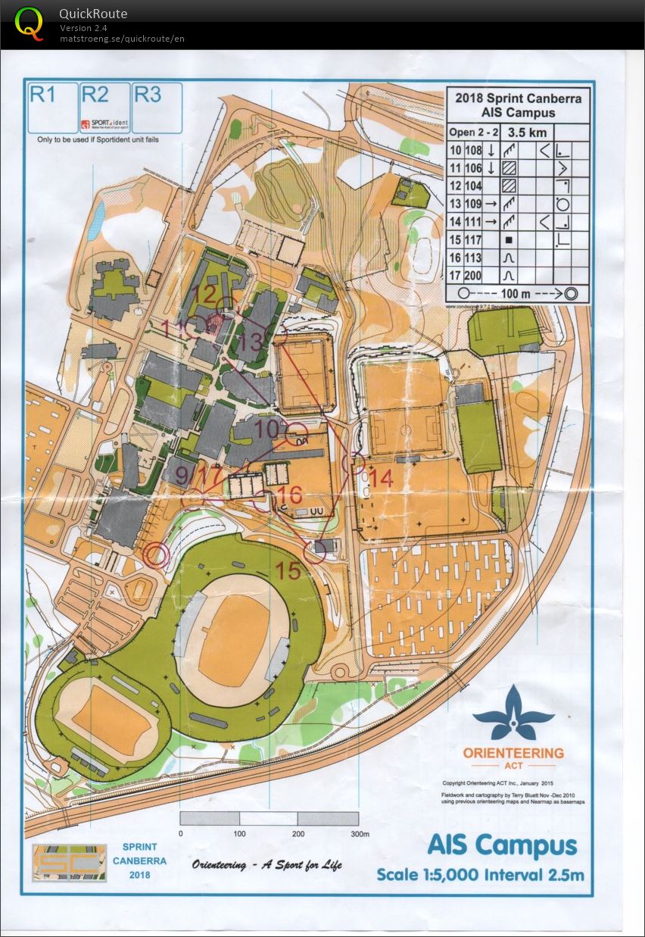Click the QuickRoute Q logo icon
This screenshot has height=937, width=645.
30,23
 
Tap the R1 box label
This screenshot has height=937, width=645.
42,94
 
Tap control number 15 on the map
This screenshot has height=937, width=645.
288,570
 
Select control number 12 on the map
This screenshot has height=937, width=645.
204,292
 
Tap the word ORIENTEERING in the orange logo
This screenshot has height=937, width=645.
513,752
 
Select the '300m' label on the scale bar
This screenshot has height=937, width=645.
358,834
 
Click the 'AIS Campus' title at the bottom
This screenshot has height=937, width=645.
501,845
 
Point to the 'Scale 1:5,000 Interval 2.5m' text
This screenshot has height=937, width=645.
480,874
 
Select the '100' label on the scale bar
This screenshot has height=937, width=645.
239,834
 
